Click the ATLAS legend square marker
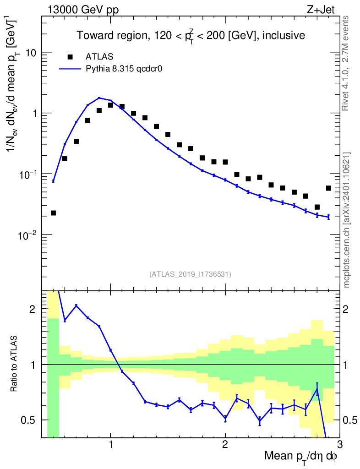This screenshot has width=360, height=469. [x=70, y=57]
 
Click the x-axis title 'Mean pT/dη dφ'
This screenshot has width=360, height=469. [x=301, y=456]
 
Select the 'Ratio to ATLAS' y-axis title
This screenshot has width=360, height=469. [x=15, y=364]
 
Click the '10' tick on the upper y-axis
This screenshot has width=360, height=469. [x=31, y=53]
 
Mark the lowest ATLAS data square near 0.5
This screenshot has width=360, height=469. [x=53, y=213]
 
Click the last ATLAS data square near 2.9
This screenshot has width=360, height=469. [x=328, y=188]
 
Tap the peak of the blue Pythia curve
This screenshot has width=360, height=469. [x=99, y=98]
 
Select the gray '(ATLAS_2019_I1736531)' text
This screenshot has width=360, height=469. [x=190, y=274]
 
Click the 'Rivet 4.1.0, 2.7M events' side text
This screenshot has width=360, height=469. [x=346, y=63]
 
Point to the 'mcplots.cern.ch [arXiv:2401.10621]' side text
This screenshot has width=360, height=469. [x=347, y=220]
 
